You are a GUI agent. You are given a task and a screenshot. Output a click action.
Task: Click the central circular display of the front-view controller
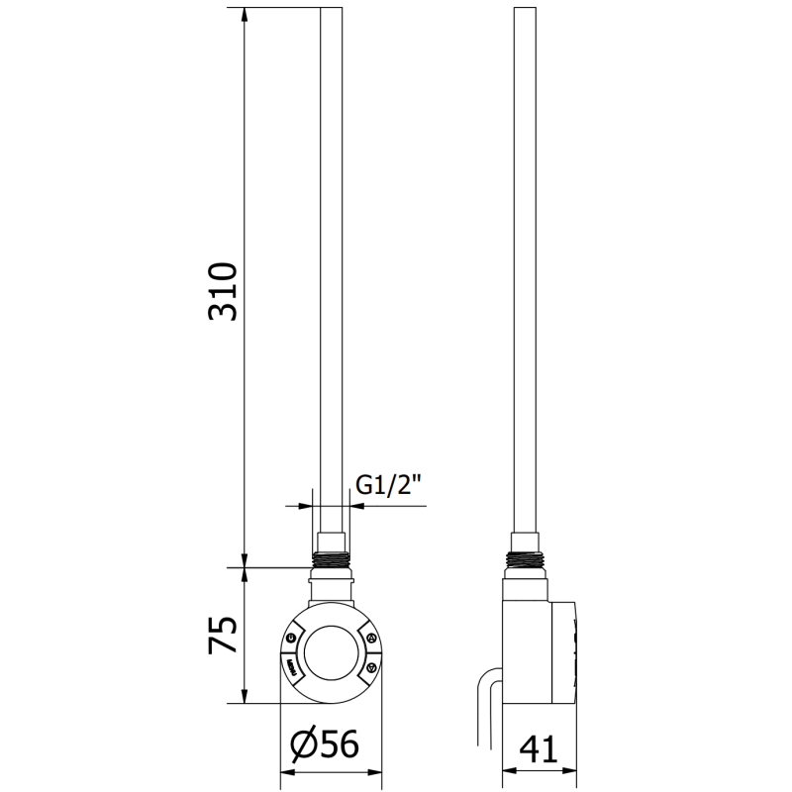[331, 652]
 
